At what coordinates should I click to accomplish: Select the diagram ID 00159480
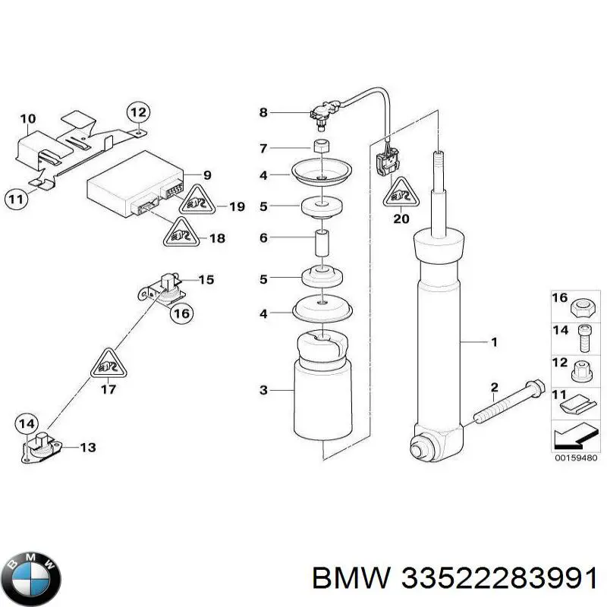(x=576, y=458)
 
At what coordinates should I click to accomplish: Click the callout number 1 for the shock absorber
(x=494, y=342)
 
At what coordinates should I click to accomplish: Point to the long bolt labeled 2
(x=508, y=403)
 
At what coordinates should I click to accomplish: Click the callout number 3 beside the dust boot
(x=263, y=390)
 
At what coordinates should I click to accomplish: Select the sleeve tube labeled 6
(x=322, y=243)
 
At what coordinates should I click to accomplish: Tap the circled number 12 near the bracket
(x=138, y=112)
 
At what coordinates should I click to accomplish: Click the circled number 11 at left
(x=16, y=200)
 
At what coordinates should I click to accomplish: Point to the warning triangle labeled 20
(x=401, y=193)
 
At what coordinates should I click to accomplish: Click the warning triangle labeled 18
(x=181, y=233)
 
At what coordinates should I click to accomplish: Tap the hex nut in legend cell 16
(x=580, y=309)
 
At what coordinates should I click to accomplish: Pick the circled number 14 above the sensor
(x=27, y=424)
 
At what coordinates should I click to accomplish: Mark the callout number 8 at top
(x=263, y=112)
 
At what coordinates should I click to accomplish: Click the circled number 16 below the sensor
(x=181, y=313)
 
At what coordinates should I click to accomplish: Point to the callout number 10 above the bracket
(x=28, y=118)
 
